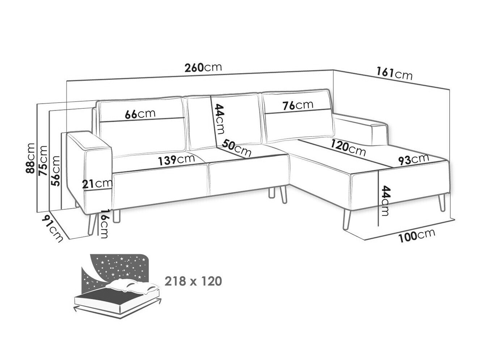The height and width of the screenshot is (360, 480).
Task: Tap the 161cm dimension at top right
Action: (394, 74)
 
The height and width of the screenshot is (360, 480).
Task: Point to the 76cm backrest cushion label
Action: (298, 106)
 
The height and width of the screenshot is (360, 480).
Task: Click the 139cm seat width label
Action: (175, 160)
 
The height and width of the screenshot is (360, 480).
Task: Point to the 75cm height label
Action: (43, 160)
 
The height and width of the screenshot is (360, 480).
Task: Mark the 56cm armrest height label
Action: (55, 170)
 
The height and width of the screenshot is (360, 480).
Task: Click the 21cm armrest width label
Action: (97, 184)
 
